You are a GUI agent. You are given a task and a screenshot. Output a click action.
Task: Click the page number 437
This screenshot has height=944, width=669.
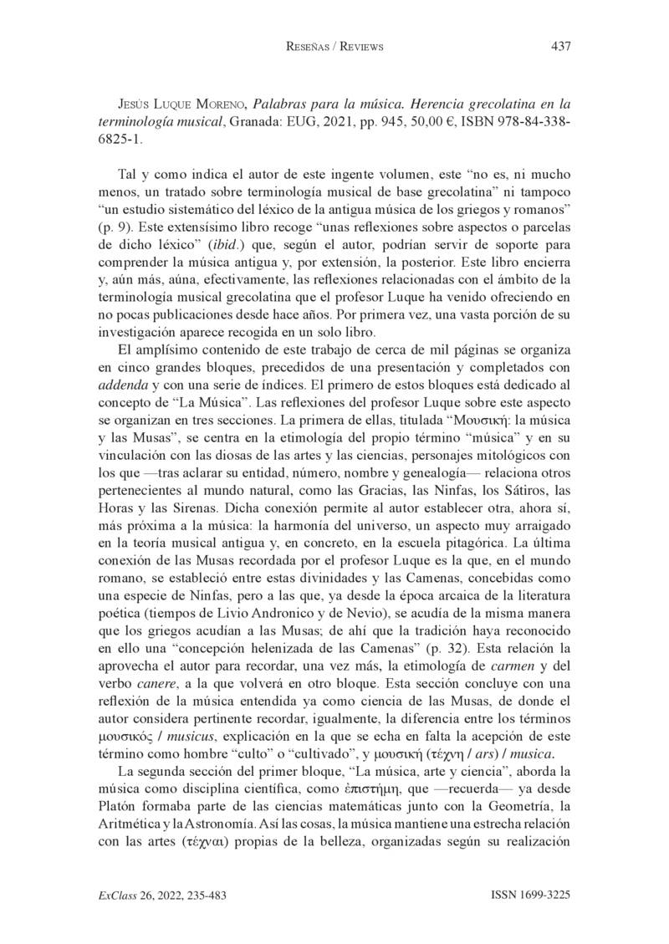pos(560,47)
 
